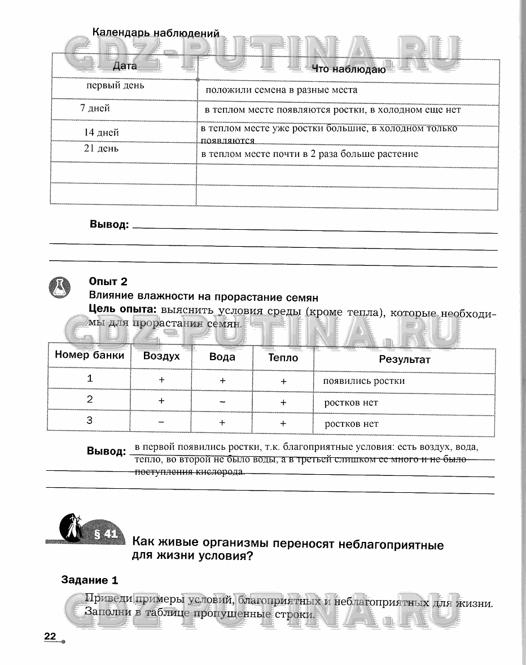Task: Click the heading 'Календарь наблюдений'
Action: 155,33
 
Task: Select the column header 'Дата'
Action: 125,66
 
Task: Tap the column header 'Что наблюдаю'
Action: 349,70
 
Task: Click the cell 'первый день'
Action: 115,86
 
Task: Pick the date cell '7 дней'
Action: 95,108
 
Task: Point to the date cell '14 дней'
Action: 101,133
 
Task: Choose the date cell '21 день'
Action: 101,149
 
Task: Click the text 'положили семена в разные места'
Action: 281,90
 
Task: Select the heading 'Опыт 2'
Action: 108,282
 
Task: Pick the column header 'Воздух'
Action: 161,356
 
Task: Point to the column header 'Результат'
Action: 404,360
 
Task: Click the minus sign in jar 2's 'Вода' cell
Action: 222,402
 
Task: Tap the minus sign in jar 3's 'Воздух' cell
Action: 161,422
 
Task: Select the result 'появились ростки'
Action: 363,380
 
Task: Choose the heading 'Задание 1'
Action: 90,580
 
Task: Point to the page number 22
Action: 50,637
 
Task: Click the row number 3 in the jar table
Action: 89,420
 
